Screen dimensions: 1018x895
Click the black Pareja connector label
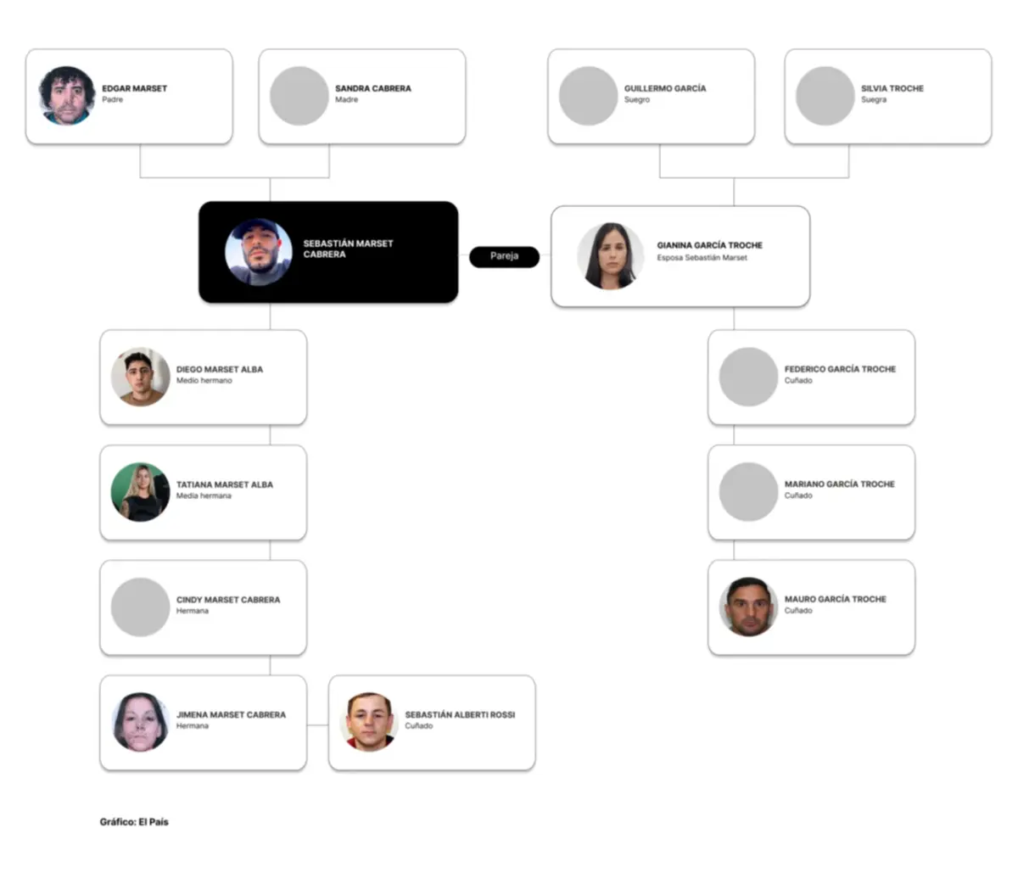point(504,256)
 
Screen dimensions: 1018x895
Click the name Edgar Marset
point(134,88)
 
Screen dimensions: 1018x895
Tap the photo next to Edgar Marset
point(67,96)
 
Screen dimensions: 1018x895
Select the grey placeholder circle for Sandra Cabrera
point(299,96)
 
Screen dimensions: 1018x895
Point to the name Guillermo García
point(665,88)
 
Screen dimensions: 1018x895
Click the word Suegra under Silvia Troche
point(874,99)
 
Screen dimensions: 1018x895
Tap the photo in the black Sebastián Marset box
point(258,252)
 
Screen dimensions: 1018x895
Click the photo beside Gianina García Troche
point(611,256)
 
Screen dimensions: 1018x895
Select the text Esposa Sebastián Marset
point(702,257)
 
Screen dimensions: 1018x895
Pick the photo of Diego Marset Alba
point(140,377)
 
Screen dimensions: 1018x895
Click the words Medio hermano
point(204,380)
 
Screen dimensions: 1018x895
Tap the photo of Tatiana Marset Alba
point(140,492)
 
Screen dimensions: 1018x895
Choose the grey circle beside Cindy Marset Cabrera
point(140,607)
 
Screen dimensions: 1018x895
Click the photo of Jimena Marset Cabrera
point(140,722)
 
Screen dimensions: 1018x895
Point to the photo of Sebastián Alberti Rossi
point(369,722)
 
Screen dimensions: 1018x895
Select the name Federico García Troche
point(840,369)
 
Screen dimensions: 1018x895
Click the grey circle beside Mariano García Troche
point(749,492)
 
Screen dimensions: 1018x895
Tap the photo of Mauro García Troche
point(749,607)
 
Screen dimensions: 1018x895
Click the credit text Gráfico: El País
point(134,822)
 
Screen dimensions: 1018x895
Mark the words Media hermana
point(204,495)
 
